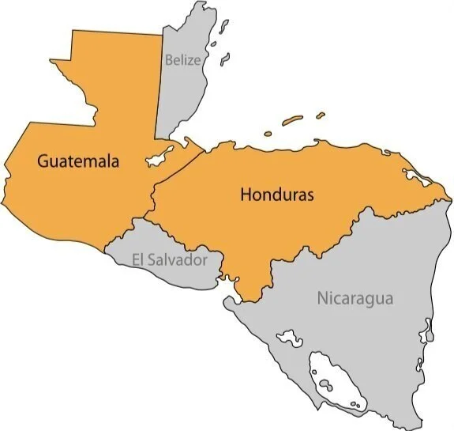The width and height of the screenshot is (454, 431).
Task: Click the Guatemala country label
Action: tap(77, 161)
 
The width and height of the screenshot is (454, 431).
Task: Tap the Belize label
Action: tap(182, 59)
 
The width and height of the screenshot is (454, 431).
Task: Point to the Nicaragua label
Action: tap(355, 299)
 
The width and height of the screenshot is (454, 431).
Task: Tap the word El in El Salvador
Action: tap(138, 259)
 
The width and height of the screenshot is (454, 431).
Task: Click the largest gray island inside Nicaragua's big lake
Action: tap(325, 385)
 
